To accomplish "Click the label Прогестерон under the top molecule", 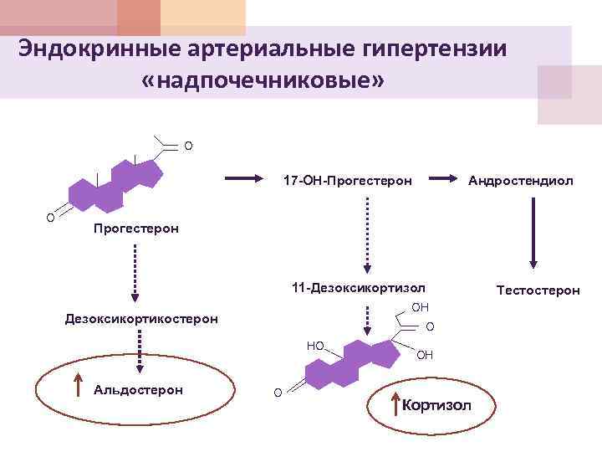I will pyautogui.click(x=135, y=229).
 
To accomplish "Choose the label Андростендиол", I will pyautogui.click(x=520, y=180).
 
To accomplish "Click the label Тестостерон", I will pyautogui.click(x=538, y=290).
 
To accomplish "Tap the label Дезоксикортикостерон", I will pyautogui.click(x=141, y=318).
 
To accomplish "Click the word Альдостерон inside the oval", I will pyautogui.click(x=139, y=389).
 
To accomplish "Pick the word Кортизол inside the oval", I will pyautogui.click(x=437, y=406).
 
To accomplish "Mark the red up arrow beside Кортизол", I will pyautogui.click(x=396, y=403).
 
